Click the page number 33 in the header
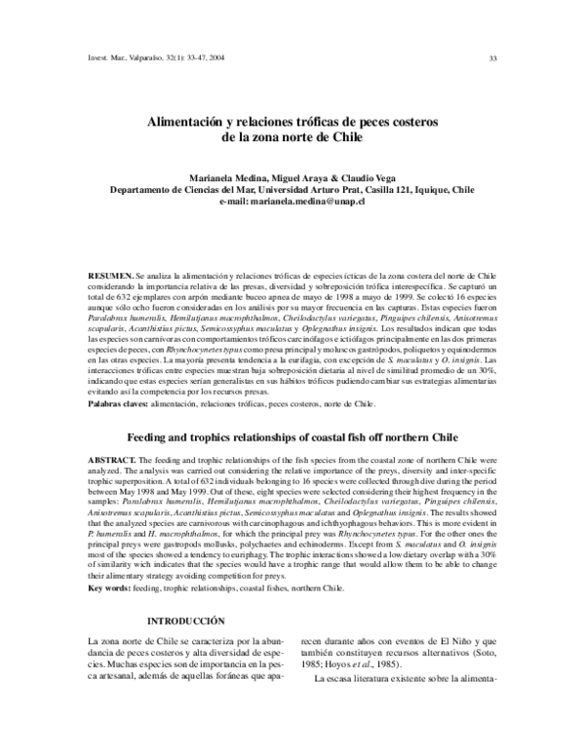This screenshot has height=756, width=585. [493, 57]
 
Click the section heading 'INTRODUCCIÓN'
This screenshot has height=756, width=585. [185, 622]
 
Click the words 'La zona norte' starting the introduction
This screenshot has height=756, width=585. [117, 641]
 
